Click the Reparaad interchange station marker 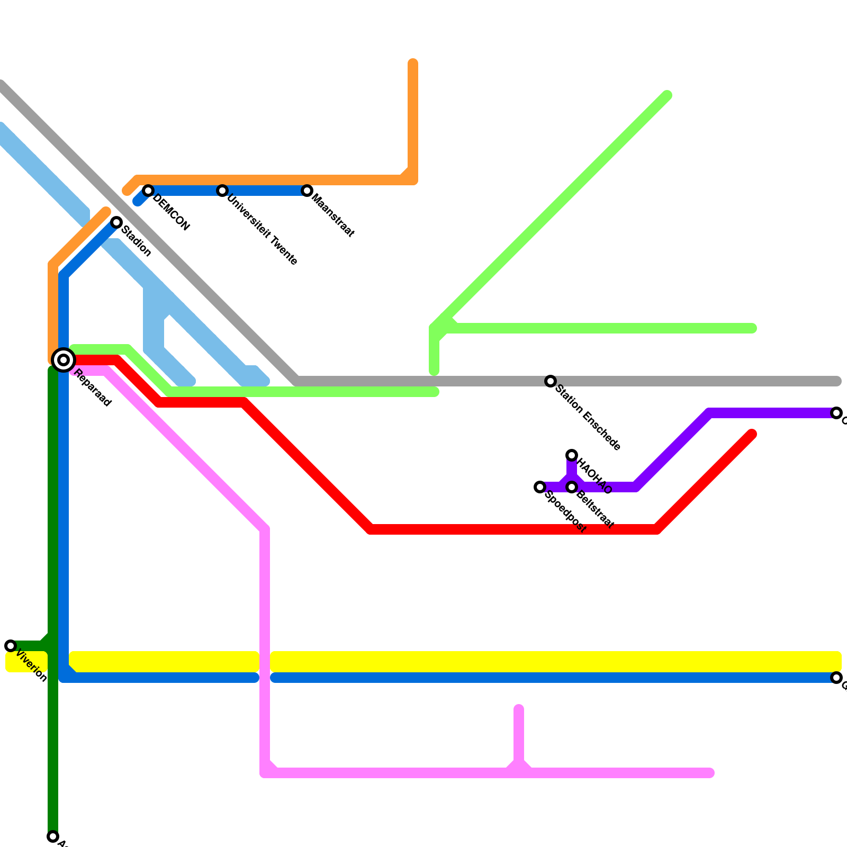click(x=64, y=360)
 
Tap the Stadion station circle click(x=116, y=222)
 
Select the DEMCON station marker click(x=148, y=191)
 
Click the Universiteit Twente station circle click(x=222, y=191)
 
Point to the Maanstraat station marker click(x=307, y=191)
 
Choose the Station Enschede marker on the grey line click(x=551, y=381)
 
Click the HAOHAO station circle click(x=572, y=455)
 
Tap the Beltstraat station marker click(x=572, y=487)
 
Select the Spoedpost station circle click(x=540, y=487)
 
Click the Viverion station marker click(x=11, y=646)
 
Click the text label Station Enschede click(x=588, y=417)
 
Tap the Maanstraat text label click(x=334, y=216)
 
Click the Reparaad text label click(x=93, y=388)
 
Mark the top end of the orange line click(x=413, y=64)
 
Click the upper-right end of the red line click(x=752, y=435)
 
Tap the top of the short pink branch click(x=519, y=709)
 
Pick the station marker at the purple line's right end click(x=836, y=413)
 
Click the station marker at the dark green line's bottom click(x=53, y=836)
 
